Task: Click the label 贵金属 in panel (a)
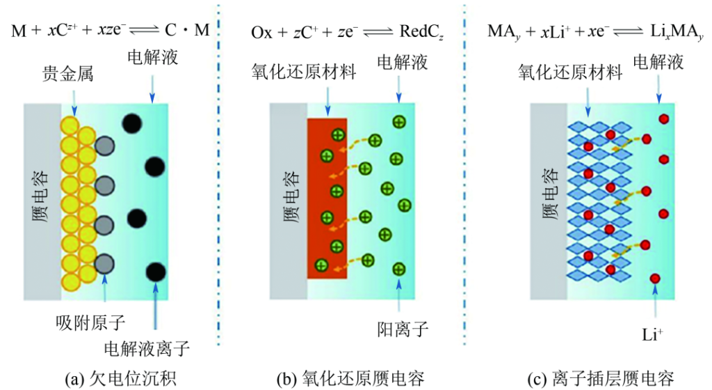point(70,72)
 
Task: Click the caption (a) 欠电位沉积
point(119,378)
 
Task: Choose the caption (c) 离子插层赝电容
point(599,378)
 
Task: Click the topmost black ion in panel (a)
point(131,123)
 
